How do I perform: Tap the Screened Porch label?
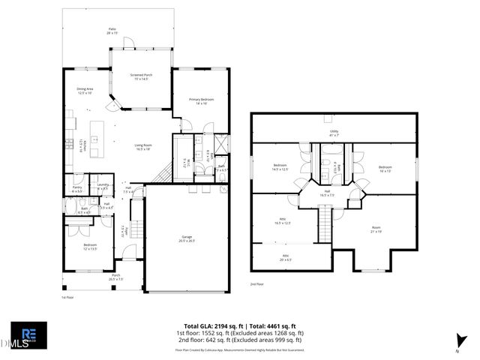142,76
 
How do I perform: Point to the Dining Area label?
85,91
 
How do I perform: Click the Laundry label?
103,186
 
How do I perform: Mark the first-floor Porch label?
115,277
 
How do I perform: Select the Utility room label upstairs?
334,133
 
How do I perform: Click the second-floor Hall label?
327,193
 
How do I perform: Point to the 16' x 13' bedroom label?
385,168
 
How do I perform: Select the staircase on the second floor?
325,223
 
